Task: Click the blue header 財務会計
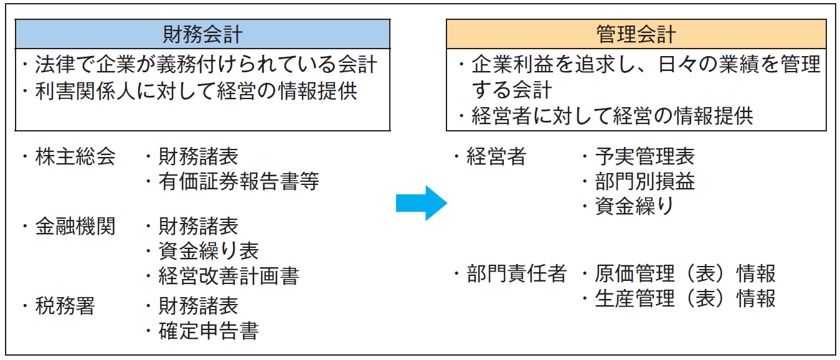click(x=202, y=34)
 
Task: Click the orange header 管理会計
click(x=636, y=34)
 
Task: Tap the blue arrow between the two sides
click(x=422, y=203)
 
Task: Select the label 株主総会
click(x=75, y=156)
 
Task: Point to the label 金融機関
click(x=75, y=226)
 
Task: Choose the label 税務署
click(x=65, y=306)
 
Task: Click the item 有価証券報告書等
click(x=238, y=181)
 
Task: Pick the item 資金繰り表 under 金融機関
click(x=209, y=251)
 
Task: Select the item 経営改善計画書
click(x=229, y=276)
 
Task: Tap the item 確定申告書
click(x=209, y=331)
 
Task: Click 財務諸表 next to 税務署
click(x=199, y=306)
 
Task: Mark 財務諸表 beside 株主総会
click(x=199, y=156)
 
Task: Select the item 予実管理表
click(x=645, y=156)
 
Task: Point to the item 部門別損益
click(x=645, y=181)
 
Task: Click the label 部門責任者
click(x=516, y=273)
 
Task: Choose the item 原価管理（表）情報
click(x=685, y=273)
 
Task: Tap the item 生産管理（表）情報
click(x=685, y=298)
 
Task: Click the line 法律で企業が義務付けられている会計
click(x=206, y=64)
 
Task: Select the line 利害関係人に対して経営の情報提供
click(x=196, y=91)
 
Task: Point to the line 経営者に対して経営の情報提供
click(x=612, y=115)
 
